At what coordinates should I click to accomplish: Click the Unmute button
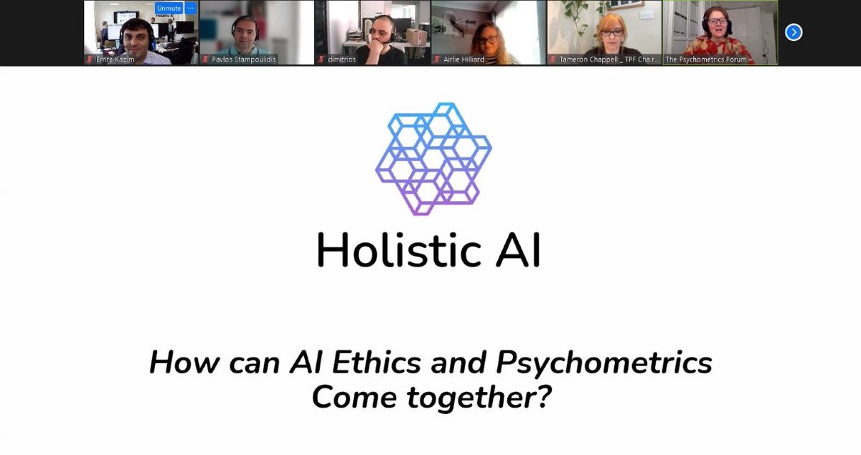pyautogui.click(x=169, y=8)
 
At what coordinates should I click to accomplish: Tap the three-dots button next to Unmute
pyautogui.click(x=191, y=8)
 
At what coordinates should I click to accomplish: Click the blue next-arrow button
pyautogui.click(x=794, y=32)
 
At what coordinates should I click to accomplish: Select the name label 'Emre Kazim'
pyautogui.click(x=115, y=59)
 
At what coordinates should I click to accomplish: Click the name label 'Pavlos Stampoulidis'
pyautogui.click(x=243, y=59)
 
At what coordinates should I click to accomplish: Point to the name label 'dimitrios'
pyautogui.click(x=342, y=59)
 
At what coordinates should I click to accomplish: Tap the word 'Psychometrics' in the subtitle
pyautogui.click(x=604, y=363)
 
